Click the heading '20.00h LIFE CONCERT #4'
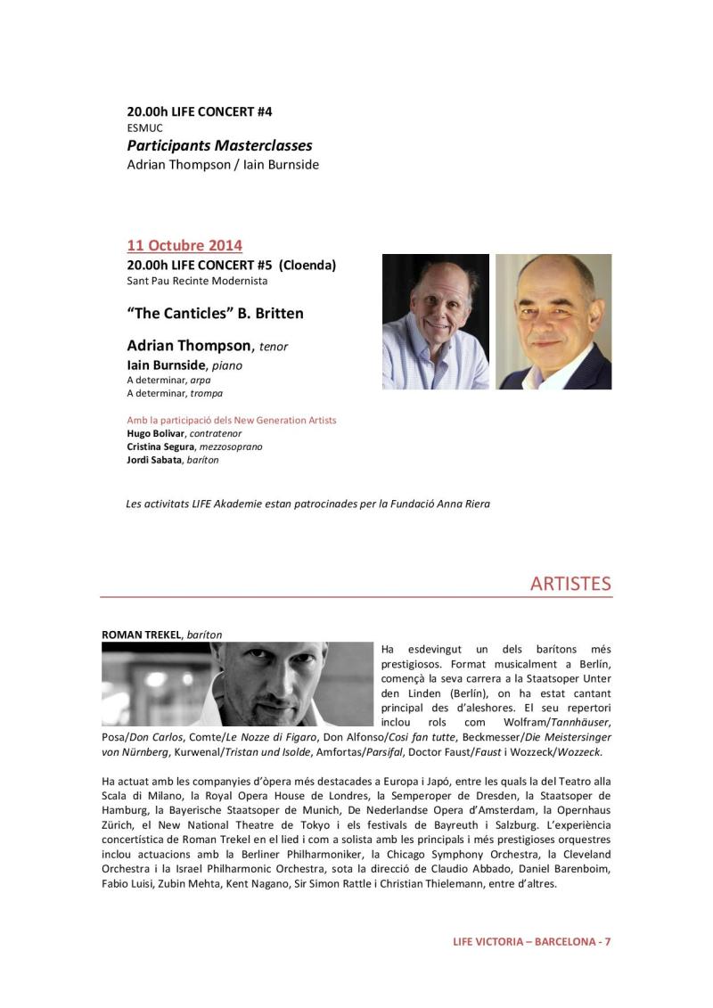point(200,111)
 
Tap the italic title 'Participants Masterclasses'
point(219,145)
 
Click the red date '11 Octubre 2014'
point(184,245)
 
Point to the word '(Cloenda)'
point(307,265)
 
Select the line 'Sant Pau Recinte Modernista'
point(197,281)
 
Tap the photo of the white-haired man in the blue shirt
point(435,322)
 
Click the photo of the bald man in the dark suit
point(553,322)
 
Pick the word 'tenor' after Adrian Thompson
point(274,347)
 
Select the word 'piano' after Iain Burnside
point(227,365)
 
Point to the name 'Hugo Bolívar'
point(157,433)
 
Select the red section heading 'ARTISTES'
point(570,584)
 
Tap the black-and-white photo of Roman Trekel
point(237,671)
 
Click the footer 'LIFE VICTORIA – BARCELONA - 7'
point(531,942)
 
